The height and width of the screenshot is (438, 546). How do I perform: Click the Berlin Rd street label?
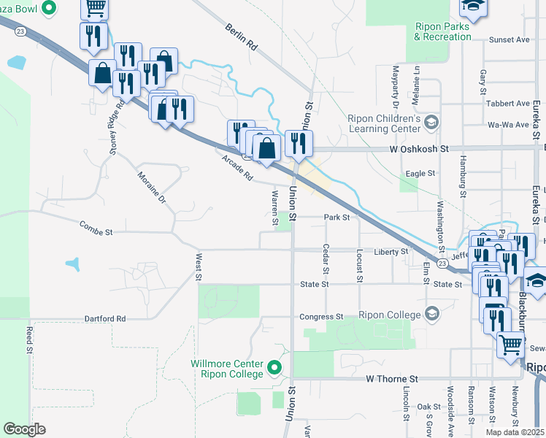(x=242, y=36)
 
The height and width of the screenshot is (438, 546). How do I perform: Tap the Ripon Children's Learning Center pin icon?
(x=432, y=122)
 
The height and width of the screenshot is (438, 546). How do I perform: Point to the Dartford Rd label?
(x=106, y=319)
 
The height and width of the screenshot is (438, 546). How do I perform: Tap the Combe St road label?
(x=97, y=231)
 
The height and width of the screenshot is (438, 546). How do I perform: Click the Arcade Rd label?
(x=237, y=166)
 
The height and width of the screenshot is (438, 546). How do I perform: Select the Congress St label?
(x=321, y=317)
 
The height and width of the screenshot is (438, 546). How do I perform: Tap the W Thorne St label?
(x=392, y=380)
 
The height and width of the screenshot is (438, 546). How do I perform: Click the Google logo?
(x=24, y=429)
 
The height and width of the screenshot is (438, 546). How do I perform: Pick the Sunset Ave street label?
(x=509, y=40)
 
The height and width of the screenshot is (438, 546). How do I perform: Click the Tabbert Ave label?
(x=508, y=103)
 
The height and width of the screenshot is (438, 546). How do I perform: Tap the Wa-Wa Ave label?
(x=508, y=125)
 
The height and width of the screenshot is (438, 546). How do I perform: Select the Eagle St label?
(x=420, y=174)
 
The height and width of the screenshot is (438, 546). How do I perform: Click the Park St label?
(x=337, y=217)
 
